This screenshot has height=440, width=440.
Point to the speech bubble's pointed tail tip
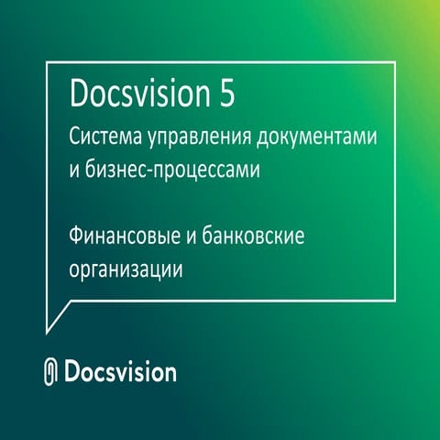[x=48, y=332]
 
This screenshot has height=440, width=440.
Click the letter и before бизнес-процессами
[x=74, y=172]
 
